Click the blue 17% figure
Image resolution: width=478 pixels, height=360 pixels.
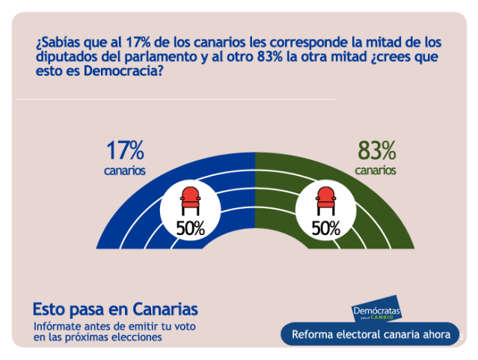click(125, 151)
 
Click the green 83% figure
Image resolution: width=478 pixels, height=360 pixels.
click(376, 151)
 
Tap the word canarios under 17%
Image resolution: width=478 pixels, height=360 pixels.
click(125, 171)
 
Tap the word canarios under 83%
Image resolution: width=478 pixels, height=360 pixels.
click(376, 171)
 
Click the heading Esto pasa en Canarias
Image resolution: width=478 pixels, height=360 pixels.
click(115, 309)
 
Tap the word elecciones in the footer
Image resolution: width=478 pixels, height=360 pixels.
click(136, 338)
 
